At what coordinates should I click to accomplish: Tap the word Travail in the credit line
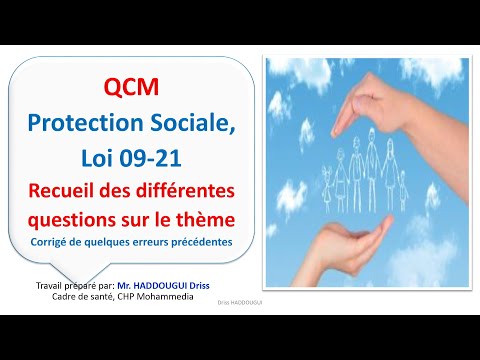click(48, 286)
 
